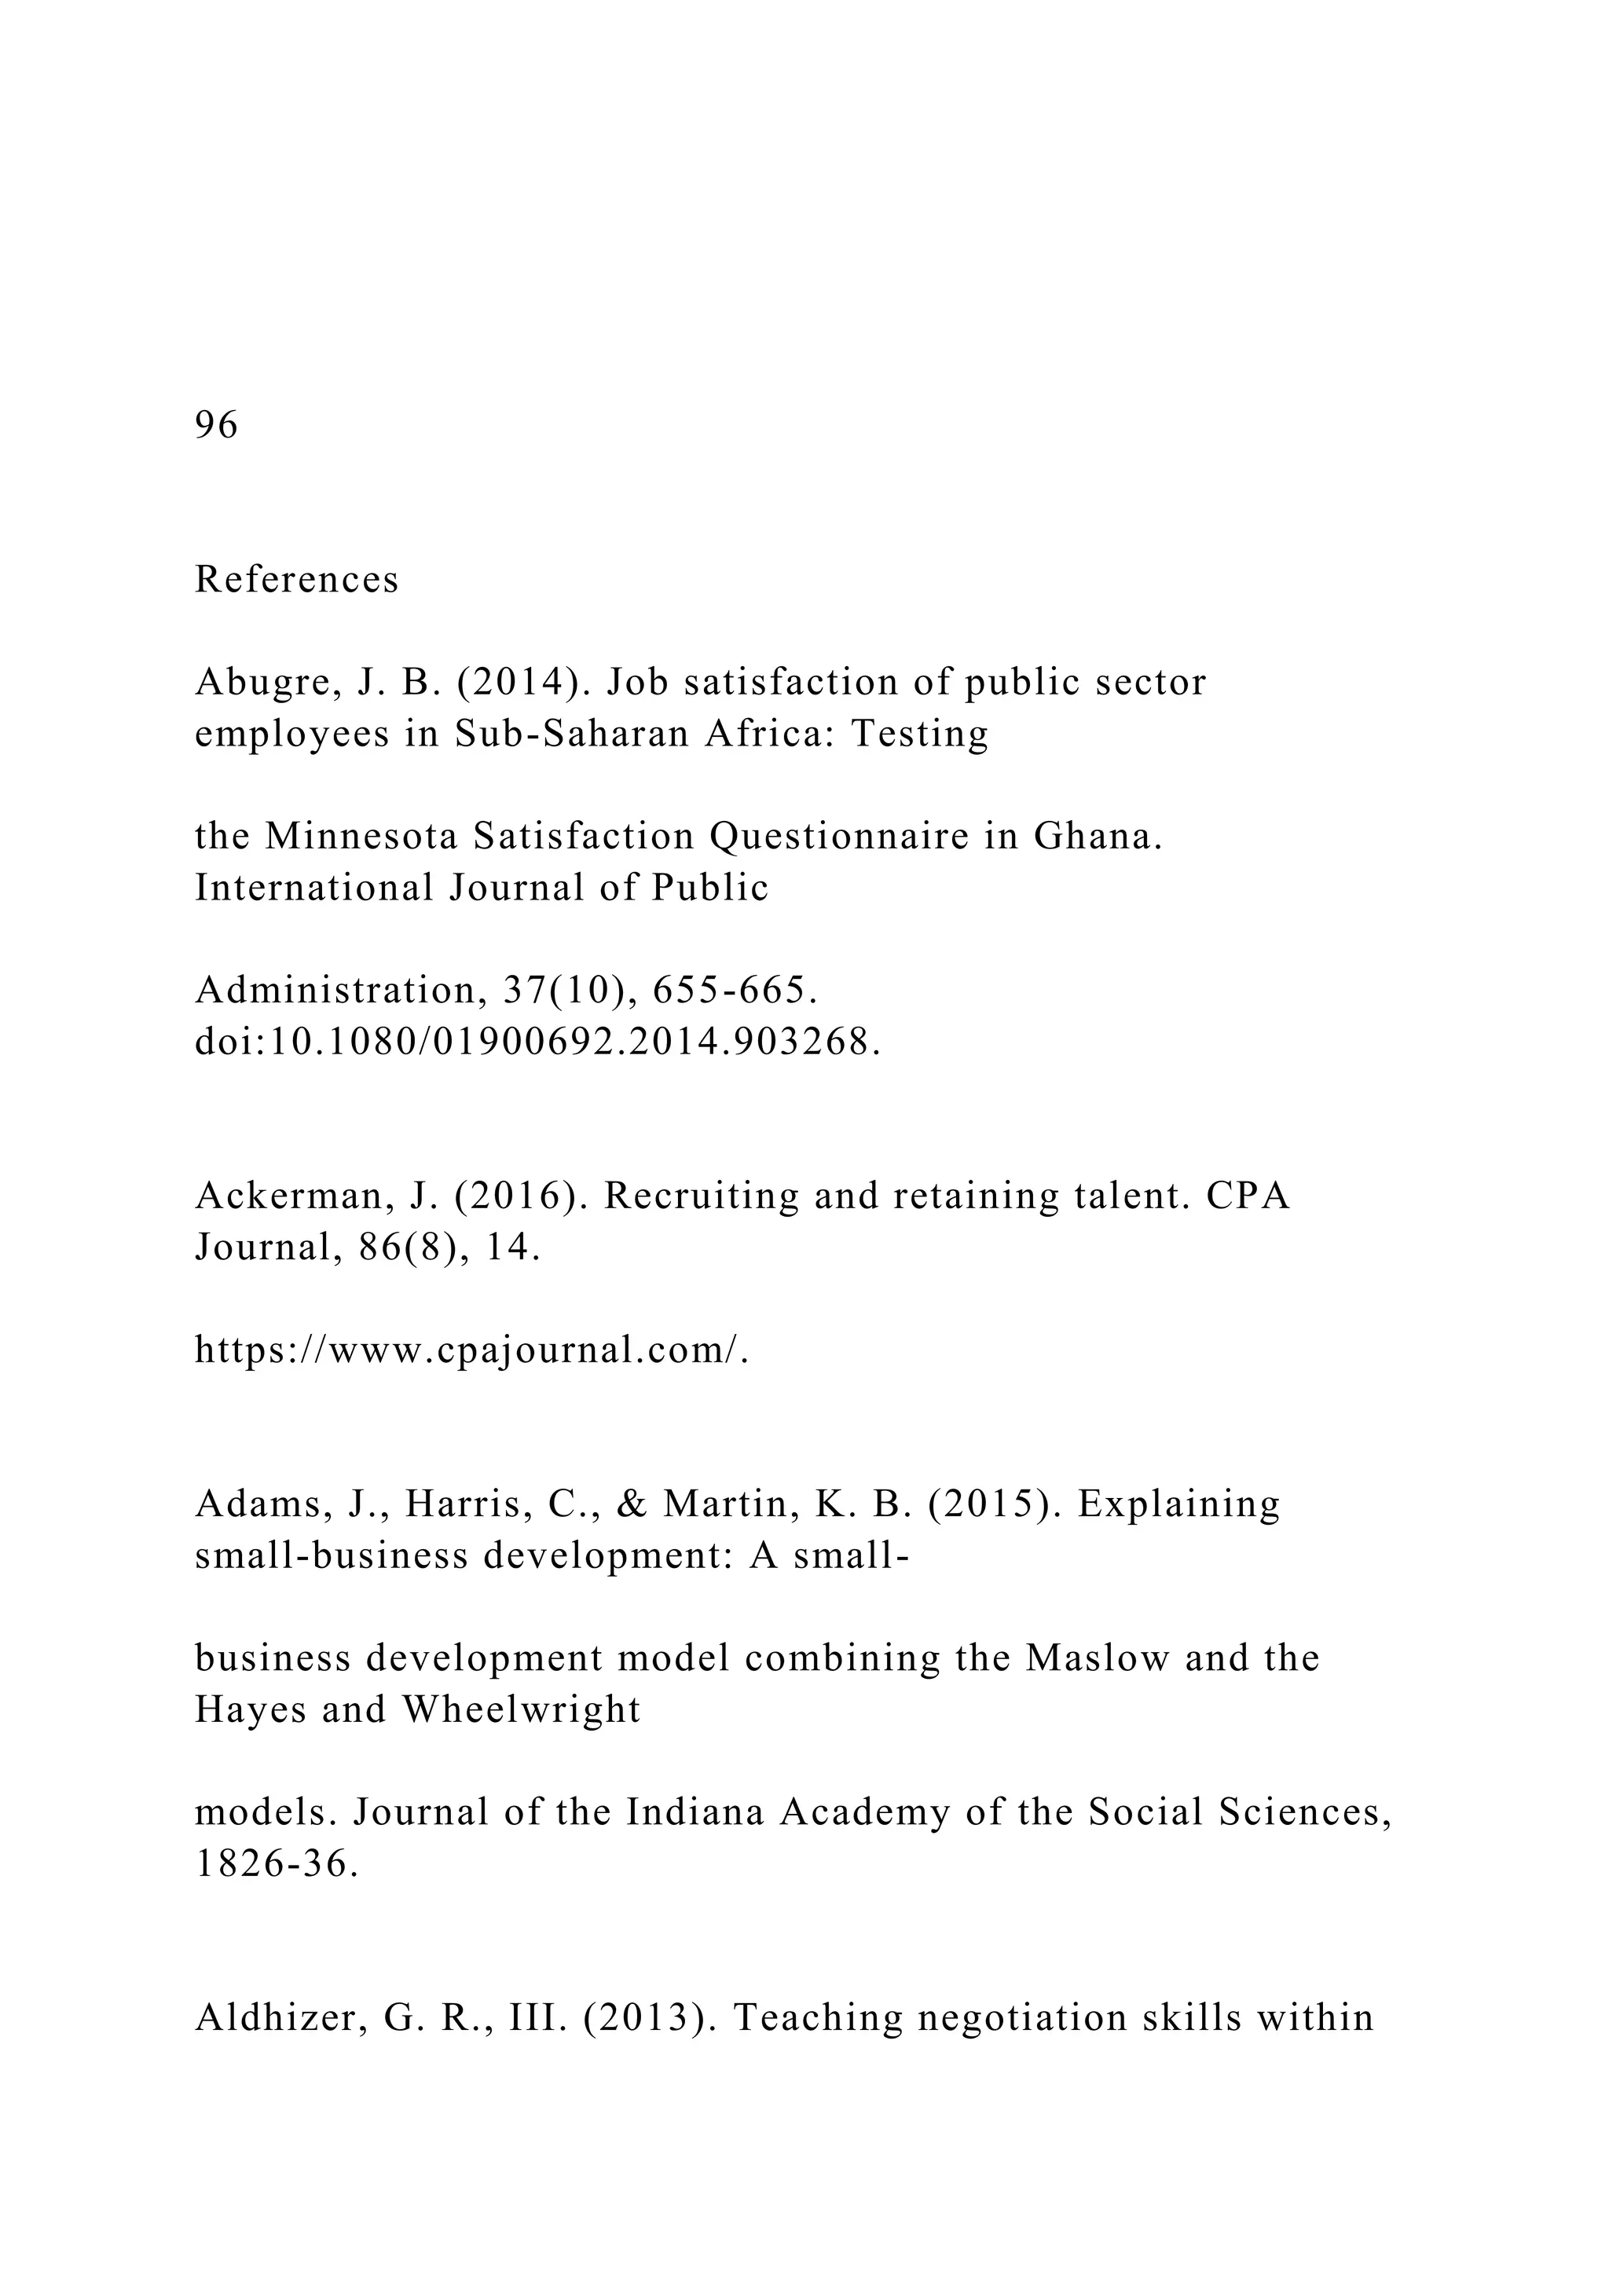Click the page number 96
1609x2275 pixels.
coord(216,425)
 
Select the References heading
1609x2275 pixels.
coord(296,580)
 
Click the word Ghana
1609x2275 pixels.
coord(1098,837)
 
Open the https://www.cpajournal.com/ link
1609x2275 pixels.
coord(471,1350)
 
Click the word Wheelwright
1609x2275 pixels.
coord(521,1709)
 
